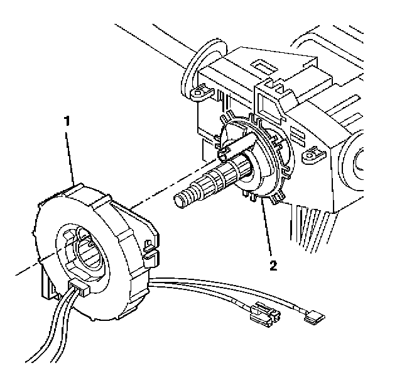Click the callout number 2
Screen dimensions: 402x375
pos(273,265)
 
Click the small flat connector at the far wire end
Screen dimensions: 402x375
pos(312,318)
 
